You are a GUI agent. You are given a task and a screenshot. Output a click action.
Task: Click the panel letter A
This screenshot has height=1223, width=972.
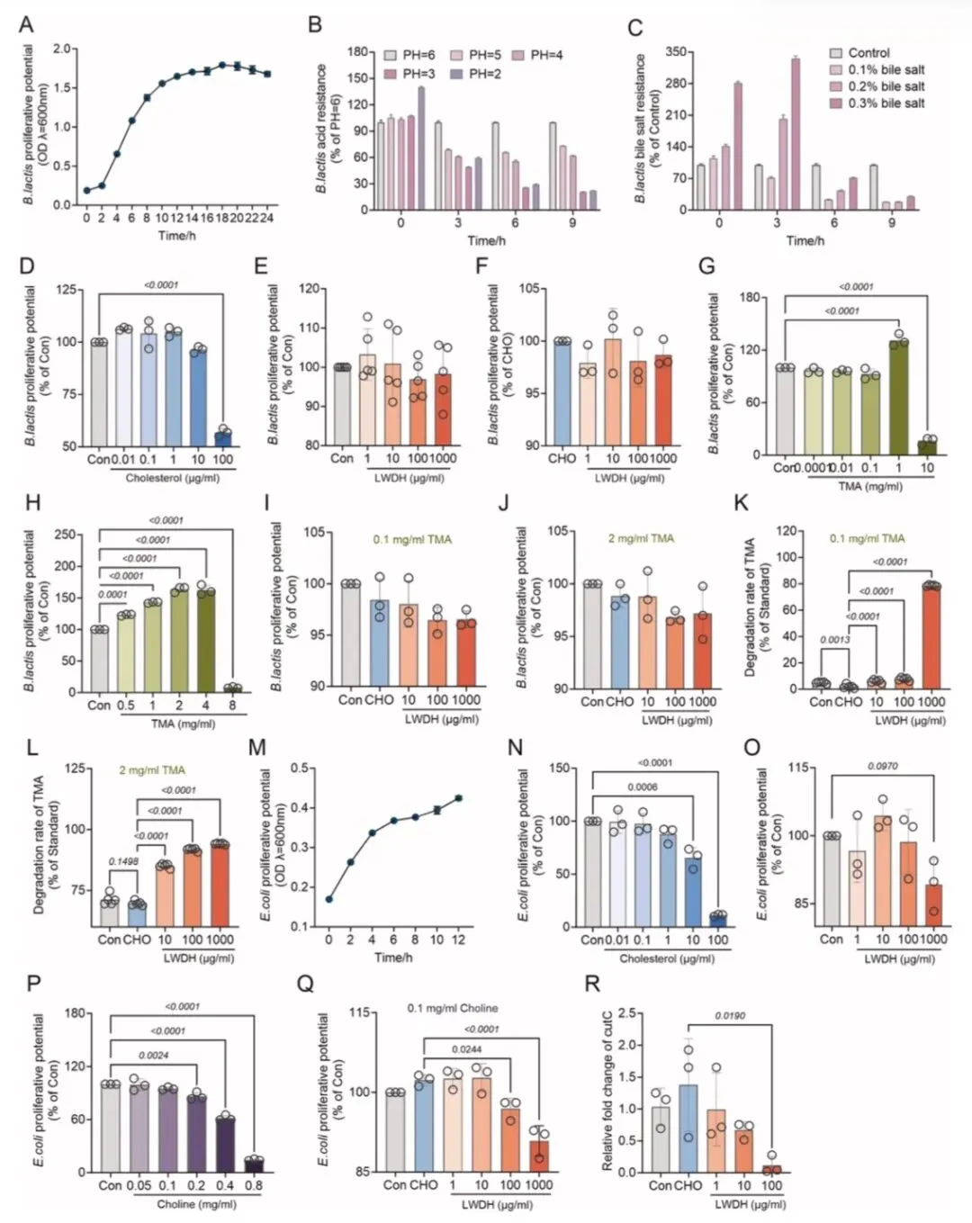point(26,23)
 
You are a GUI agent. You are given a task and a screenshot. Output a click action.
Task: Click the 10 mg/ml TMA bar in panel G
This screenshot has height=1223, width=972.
point(927,445)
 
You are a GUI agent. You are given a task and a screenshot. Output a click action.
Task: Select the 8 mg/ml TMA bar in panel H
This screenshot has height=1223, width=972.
point(233,688)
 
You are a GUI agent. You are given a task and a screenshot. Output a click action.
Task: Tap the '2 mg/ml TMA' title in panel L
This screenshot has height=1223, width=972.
point(152,770)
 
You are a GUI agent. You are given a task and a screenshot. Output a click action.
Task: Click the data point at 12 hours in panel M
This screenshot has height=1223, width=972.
point(458,798)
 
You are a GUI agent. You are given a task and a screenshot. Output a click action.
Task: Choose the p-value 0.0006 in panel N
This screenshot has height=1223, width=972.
point(642,787)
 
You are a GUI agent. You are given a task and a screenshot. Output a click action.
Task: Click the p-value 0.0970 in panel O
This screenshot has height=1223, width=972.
point(882,766)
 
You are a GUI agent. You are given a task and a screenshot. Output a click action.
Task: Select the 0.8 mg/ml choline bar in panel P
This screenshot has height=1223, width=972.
point(254,1165)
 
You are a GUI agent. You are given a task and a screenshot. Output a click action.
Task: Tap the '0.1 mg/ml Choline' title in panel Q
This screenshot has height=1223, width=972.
point(452,1008)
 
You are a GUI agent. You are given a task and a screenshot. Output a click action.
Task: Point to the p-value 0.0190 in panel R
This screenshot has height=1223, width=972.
point(730,1016)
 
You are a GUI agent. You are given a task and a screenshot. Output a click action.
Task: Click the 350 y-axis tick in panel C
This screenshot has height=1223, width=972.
point(676,52)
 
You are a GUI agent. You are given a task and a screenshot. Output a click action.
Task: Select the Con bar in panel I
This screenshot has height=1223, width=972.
point(350,634)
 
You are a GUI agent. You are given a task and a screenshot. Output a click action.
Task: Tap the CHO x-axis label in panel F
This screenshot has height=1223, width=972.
point(562,458)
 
